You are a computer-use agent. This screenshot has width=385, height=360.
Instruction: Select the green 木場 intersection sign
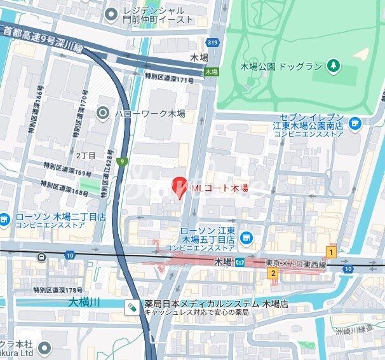(211, 73)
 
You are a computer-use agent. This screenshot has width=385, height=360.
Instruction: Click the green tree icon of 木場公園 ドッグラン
(333, 66)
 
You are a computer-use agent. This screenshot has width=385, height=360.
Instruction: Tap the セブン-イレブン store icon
(355, 123)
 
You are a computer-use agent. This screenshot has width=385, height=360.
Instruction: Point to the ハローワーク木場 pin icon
(103, 113)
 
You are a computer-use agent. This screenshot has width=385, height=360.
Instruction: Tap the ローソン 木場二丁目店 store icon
(4, 219)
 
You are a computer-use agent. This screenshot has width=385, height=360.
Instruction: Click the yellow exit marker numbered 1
(330, 252)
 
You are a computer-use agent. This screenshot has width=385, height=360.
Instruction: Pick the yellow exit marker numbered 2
(273, 273)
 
